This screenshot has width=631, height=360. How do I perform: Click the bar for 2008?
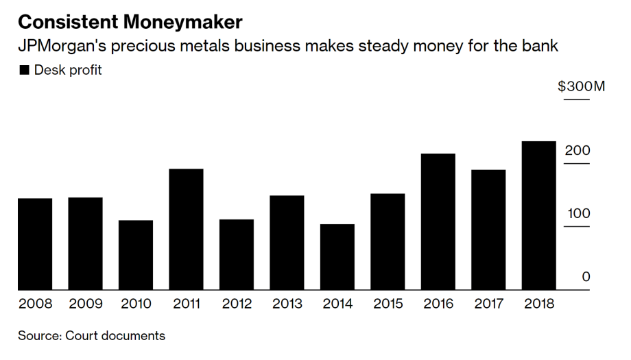click(35, 243)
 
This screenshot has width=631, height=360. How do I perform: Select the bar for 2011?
click(186, 229)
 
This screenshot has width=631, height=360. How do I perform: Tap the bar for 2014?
click(337, 256)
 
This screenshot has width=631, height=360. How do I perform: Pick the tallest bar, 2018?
click(539, 215)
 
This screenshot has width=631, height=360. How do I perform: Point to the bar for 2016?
click(438, 221)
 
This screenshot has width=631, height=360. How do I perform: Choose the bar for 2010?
click(136, 254)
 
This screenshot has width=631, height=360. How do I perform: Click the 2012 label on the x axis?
click(237, 304)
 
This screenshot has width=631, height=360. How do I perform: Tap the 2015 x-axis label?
click(388, 304)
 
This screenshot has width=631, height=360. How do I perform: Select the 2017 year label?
click(488, 304)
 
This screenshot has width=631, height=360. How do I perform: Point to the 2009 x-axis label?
click(85, 304)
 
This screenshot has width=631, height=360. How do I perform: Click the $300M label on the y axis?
click(581, 87)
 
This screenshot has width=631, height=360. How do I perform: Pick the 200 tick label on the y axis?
click(578, 150)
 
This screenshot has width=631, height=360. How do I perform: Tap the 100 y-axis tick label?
click(578, 213)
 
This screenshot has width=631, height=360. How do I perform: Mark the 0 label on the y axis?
click(586, 276)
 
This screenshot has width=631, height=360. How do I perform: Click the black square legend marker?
click(24, 70)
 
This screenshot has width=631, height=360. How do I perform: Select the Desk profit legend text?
click(68, 70)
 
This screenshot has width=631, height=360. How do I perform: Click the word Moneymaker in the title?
click(183, 21)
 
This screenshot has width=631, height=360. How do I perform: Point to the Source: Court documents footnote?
click(91, 336)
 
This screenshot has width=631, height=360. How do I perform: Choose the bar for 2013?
click(287, 242)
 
